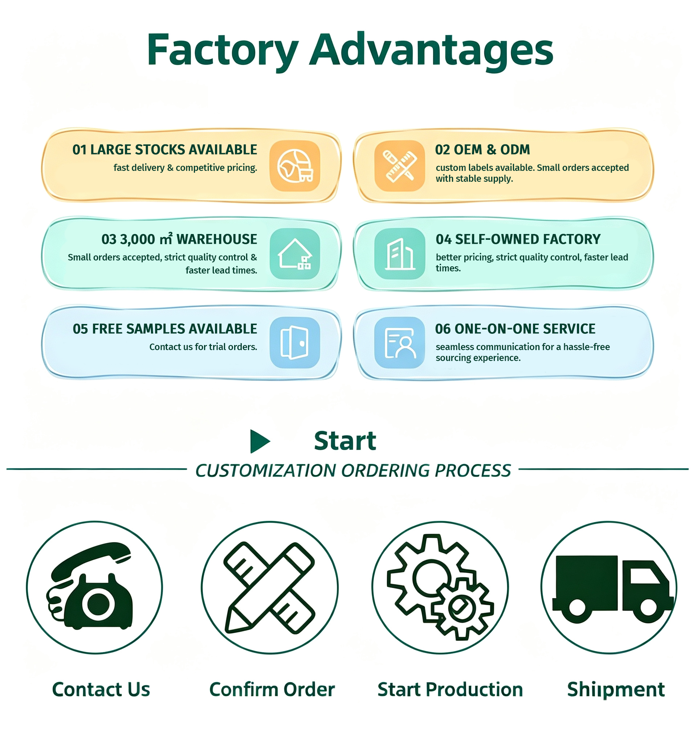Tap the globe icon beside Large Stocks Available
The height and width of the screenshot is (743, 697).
click(x=295, y=165)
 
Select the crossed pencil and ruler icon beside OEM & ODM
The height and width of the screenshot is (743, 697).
click(x=399, y=165)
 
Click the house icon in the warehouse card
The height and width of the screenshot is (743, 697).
click(x=295, y=254)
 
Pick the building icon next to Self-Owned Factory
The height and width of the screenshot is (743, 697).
click(x=399, y=254)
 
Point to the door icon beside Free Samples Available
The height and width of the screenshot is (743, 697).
click(x=295, y=343)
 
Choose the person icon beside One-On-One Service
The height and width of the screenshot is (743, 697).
click(x=399, y=343)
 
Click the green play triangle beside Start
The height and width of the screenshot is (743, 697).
click(x=259, y=442)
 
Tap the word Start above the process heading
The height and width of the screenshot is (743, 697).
click(x=345, y=441)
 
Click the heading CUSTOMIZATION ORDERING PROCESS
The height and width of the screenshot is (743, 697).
click(x=352, y=471)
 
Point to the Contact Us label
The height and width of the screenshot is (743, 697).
click(x=101, y=690)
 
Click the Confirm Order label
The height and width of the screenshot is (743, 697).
click(x=272, y=690)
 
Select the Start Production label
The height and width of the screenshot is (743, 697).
click(x=450, y=690)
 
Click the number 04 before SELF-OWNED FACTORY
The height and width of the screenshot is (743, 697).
click(x=444, y=239)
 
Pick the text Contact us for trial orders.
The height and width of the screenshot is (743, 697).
click(x=203, y=347)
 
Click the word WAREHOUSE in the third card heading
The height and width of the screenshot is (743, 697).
click(x=216, y=239)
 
